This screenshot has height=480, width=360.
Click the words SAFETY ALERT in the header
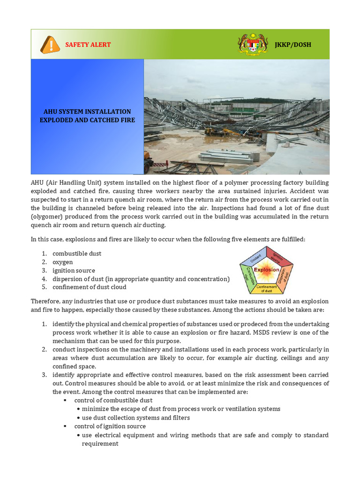click(x=88, y=45)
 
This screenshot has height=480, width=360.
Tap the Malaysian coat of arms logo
click(x=253, y=44)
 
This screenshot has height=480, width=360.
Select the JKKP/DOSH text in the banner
click(x=293, y=45)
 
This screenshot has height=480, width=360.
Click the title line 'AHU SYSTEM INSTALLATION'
click(x=87, y=112)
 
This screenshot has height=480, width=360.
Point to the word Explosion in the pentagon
click(x=266, y=270)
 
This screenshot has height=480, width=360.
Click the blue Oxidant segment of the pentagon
click(x=253, y=256)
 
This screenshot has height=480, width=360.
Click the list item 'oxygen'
click(x=63, y=262)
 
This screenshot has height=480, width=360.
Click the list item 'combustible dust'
click(x=77, y=254)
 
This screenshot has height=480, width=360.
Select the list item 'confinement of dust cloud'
click(x=90, y=287)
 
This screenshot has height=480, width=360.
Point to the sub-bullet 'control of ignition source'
click(x=110, y=426)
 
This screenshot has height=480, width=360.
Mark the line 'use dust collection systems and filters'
click(x=135, y=418)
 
